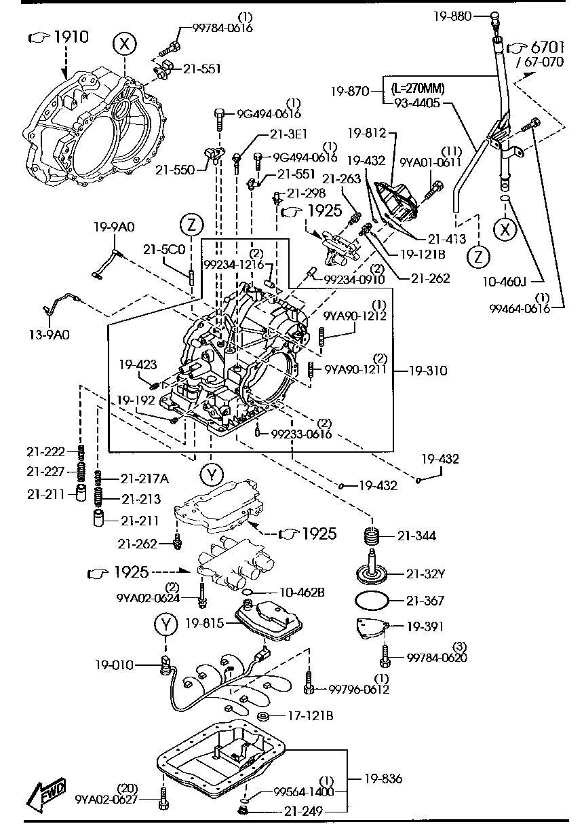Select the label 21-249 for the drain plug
(x=305, y=810)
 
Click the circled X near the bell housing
(x=123, y=45)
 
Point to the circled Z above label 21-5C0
(x=192, y=224)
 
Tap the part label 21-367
(x=425, y=600)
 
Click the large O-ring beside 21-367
(x=372, y=601)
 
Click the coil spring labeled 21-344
(x=372, y=536)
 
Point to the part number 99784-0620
(x=437, y=657)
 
